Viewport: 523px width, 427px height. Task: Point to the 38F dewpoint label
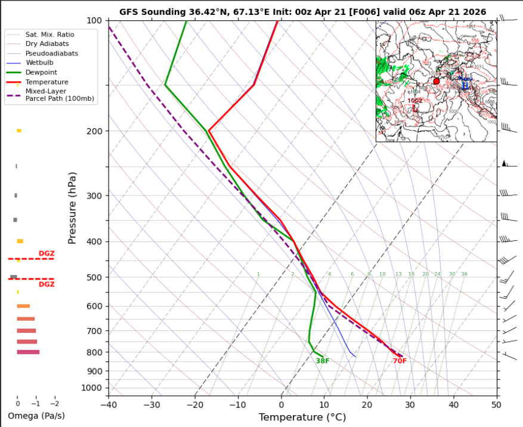pos(323,361)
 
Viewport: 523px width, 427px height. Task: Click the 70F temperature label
pos(400,361)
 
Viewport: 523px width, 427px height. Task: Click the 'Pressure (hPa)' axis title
pos(73,208)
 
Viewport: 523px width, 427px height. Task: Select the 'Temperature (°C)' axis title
pos(302,417)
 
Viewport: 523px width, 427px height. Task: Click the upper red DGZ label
pos(47,253)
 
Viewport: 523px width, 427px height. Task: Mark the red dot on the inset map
pos(437,81)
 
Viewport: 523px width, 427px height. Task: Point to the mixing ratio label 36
pos(464,274)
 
